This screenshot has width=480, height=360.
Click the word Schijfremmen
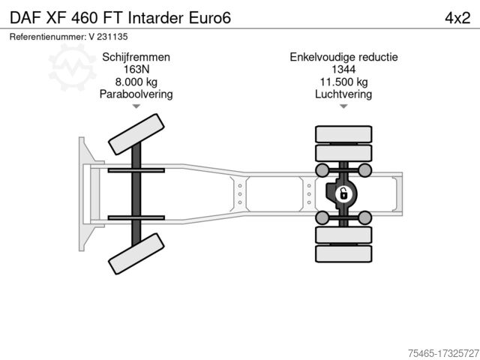point(136,58)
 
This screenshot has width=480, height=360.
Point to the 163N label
point(136,70)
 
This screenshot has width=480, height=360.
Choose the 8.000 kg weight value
point(136,82)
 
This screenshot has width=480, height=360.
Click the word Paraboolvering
point(136,94)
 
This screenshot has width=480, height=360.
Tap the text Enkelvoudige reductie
point(343,58)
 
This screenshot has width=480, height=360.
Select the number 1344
point(343,70)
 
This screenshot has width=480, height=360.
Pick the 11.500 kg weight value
point(343,82)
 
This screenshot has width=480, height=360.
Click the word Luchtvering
point(343,94)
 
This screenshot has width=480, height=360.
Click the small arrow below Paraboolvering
point(136,106)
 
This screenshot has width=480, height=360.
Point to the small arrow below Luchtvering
point(343,106)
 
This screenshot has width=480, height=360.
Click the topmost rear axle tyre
point(343,134)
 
